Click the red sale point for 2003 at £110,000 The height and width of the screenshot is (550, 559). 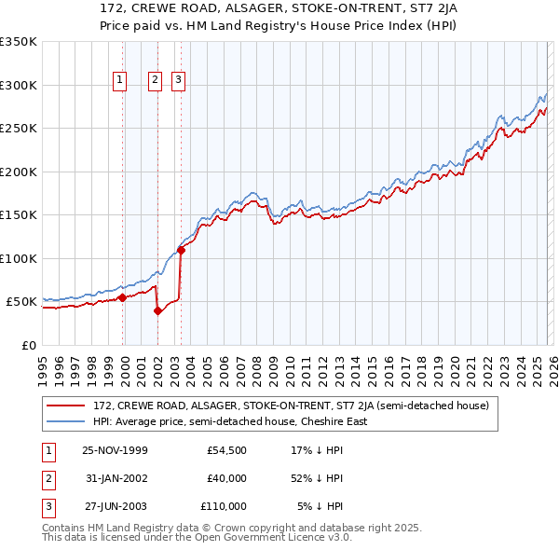tap(181, 250)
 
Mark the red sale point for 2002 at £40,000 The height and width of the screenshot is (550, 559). tap(157, 311)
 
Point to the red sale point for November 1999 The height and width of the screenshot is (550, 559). tap(122, 298)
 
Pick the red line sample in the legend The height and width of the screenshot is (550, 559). tap(66, 406)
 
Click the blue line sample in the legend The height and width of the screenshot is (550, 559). tap(66, 421)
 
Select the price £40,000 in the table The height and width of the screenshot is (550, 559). tap(226, 478)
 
